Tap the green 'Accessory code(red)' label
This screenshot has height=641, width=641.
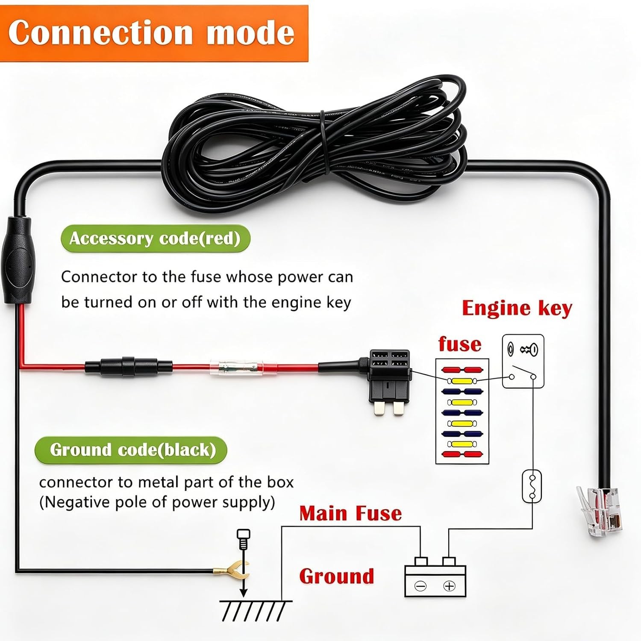point(155,238)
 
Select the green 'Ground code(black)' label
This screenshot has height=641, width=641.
point(131,450)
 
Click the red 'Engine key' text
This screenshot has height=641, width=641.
point(517,309)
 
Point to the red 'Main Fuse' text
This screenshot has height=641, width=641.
point(350,513)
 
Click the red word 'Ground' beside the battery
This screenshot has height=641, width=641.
point(336,576)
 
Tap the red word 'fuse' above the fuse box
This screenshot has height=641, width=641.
point(459,344)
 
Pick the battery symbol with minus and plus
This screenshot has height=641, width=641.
point(435,577)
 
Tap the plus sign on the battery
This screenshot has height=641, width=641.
point(449,586)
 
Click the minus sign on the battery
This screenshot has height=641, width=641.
point(421,586)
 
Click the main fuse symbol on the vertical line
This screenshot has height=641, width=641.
point(532,486)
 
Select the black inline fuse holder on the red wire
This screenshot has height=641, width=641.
point(129,366)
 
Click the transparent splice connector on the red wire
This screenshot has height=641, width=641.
point(234,367)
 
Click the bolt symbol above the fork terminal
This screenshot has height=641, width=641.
point(243,540)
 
